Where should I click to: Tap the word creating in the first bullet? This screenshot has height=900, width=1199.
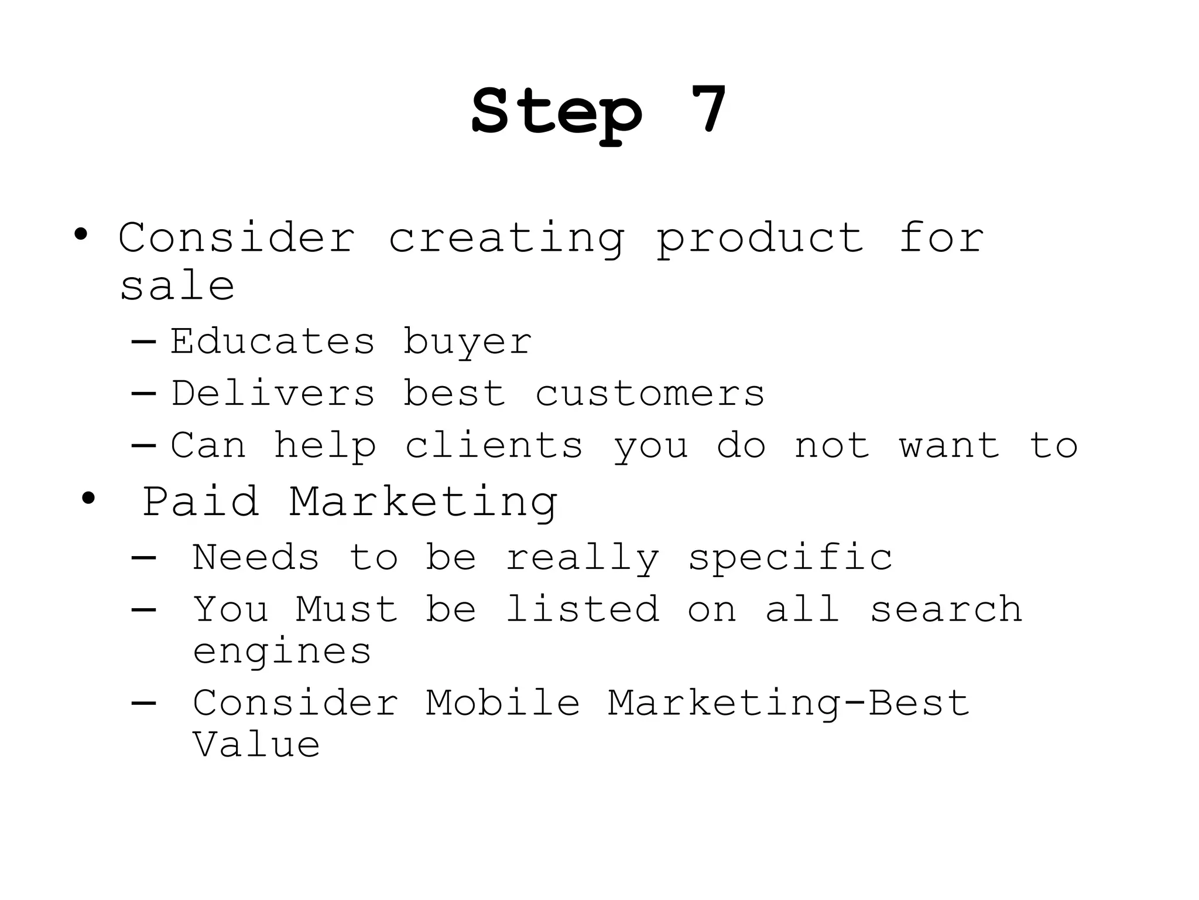pyautogui.click(x=506, y=239)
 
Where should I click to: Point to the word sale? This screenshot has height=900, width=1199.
pyautogui.click(x=177, y=287)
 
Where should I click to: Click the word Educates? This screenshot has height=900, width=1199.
pyautogui.click(x=272, y=341)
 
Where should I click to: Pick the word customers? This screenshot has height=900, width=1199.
pyautogui.click(x=650, y=394)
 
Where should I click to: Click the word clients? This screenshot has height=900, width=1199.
pyautogui.click(x=494, y=445)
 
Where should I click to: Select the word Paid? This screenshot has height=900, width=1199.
pyautogui.click(x=201, y=502)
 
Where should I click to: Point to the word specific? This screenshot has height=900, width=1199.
pyautogui.click(x=790, y=558)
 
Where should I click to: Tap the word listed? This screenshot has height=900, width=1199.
pyautogui.click(x=583, y=609)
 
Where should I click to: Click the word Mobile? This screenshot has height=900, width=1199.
pyautogui.click(x=503, y=703)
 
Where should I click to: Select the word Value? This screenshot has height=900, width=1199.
pyautogui.click(x=256, y=745)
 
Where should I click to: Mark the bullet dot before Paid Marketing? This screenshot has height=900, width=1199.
pyautogui.click(x=88, y=499)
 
